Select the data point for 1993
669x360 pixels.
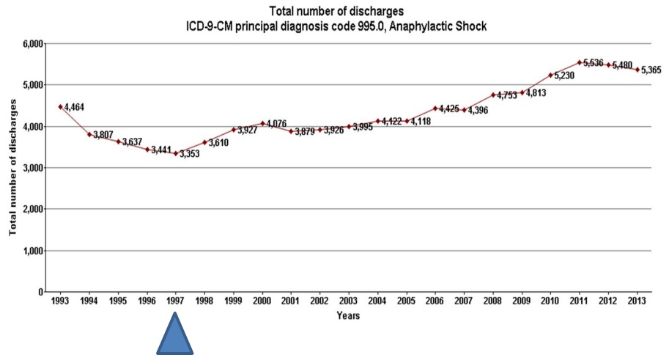(61, 107)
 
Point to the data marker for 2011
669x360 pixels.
(579, 62)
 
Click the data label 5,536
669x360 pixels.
(593, 63)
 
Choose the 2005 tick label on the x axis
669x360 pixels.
(407, 301)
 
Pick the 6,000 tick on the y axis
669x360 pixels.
(32, 44)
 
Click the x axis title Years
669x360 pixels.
(348, 316)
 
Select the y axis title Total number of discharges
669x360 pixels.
(13, 168)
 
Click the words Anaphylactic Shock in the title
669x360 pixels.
(445, 26)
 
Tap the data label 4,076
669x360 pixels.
(276, 123)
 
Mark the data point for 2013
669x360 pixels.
(637, 70)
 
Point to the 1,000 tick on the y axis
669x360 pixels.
(32, 251)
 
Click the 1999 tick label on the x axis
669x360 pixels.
(234, 301)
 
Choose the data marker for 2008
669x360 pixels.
(492, 95)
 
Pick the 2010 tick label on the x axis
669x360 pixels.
(550, 301)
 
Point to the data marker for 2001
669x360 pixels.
(291, 131)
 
